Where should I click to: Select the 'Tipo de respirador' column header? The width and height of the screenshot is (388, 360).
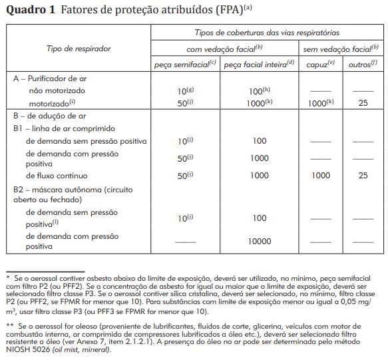tap(79, 49)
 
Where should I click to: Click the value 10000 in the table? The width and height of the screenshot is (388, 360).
tap(259, 242)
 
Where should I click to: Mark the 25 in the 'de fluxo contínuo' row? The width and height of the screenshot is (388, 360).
tap(363, 176)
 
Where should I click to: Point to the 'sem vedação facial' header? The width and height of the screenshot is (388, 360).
tap(340, 49)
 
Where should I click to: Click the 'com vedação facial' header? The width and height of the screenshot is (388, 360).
tap(222, 49)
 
